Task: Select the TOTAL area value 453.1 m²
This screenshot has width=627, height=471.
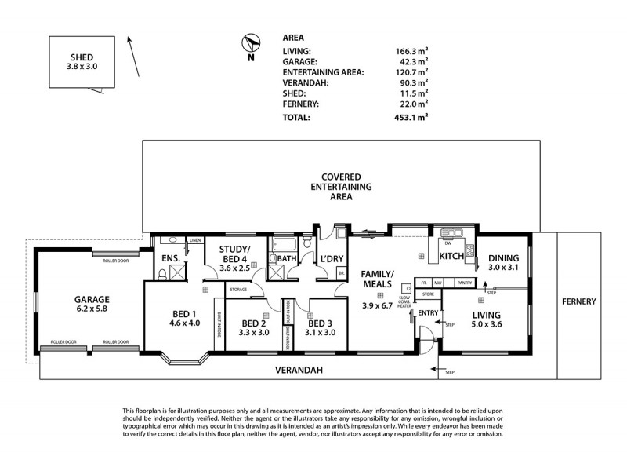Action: pyautogui.click(x=411, y=119)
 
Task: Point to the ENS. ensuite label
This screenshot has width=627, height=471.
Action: pyautogui.click(x=171, y=258)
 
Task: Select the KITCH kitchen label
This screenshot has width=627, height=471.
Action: pyautogui.click(x=451, y=257)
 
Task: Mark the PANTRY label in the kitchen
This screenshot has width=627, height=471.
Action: pyautogui.click(x=464, y=283)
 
